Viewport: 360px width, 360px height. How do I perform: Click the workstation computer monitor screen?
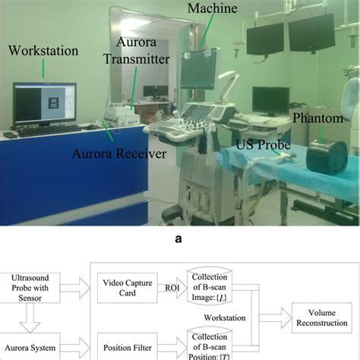click(x=43, y=103)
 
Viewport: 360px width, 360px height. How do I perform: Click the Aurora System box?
click(x=33, y=348)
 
